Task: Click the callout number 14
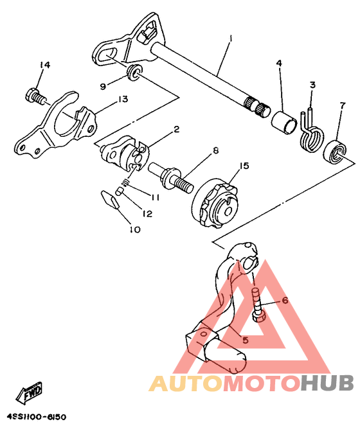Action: pyautogui.click(x=45, y=65)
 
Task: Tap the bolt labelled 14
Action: pyautogui.click(x=35, y=96)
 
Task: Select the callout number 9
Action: pyautogui.click(x=103, y=87)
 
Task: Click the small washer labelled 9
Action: pyautogui.click(x=133, y=73)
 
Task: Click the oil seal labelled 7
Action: pyautogui.click(x=336, y=152)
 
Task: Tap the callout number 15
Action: pyautogui.click(x=244, y=165)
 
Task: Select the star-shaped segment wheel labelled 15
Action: pyautogui.click(x=215, y=202)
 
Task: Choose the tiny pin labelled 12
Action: pyautogui.click(x=120, y=191)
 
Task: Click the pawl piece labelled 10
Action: pyautogui.click(x=110, y=199)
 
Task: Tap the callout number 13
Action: pyautogui.click(x=123, y=99)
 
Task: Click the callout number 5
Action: pyautogui.click(x=245, y=340)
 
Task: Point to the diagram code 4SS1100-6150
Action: pyautogui.click(x=36, y=417)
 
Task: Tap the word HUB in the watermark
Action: pyautogui.click(x=327, y=383)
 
